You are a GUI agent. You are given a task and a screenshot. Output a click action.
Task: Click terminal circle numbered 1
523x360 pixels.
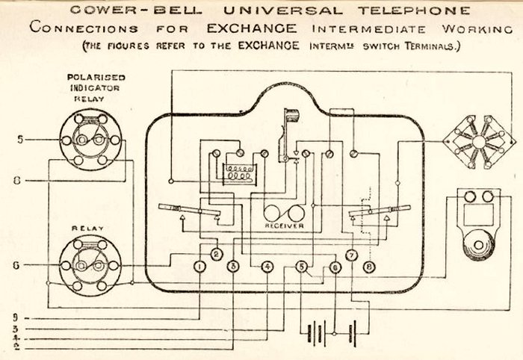coord(199,267)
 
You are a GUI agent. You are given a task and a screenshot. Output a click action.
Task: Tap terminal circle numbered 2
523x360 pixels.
coord(216,254)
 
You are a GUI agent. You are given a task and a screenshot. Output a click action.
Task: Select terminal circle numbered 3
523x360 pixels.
coord(232,267)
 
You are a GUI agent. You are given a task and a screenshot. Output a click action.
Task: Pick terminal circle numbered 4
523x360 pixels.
coord(267,267)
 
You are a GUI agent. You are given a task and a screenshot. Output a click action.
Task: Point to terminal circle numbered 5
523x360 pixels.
coord(302,267)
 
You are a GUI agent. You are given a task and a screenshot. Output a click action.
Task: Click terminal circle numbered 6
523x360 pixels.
coord(335,267)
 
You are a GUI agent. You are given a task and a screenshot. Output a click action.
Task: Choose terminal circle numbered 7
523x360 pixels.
coord(351,254)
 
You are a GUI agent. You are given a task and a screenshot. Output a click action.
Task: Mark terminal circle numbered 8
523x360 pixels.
coord(368,267)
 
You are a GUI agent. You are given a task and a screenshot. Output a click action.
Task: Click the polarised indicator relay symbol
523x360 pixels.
coord(90,140)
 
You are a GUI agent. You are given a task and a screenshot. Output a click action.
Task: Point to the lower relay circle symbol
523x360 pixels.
coord(90,264)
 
